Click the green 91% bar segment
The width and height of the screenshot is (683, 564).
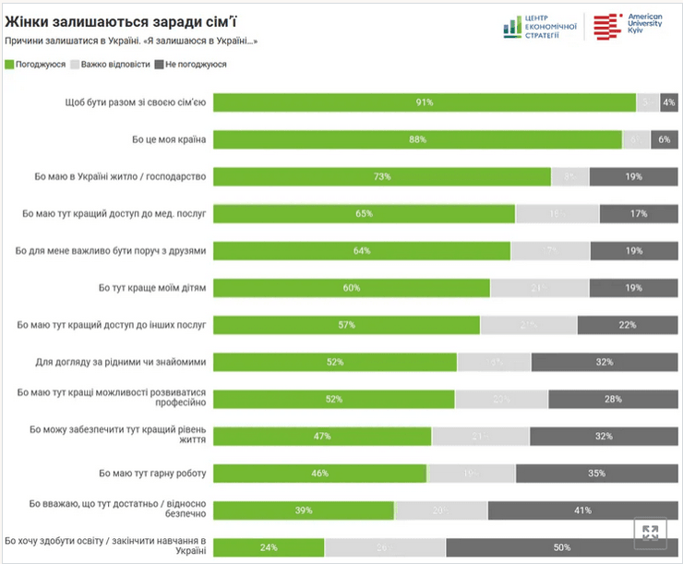click(425, 102)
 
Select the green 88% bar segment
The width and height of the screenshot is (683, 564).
click(417, 139)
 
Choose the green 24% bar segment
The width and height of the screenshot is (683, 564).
click(269, 547)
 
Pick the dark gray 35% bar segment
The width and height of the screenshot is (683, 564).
click(596, 474)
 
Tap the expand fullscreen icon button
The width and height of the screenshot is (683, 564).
click(650, 532)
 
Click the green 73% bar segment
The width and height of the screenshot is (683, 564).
click(382, 176)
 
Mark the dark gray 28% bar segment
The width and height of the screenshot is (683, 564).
click(612, 399)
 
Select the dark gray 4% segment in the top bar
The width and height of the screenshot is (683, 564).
click(669, 102)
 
